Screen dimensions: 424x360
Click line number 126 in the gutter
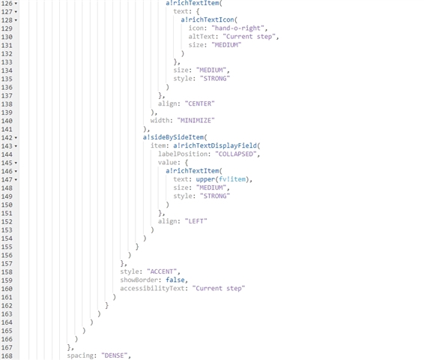point(7,4)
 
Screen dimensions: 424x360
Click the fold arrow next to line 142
point(16,138)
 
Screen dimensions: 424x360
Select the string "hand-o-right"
point(237,28)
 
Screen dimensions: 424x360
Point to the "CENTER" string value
point(200,103)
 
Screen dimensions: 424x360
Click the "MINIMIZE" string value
point(196,121)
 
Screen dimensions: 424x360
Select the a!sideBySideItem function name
point(173,137)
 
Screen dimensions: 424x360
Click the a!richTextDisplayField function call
point(215,145)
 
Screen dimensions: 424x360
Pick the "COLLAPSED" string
point(236,154)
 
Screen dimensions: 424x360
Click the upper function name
point(205,179)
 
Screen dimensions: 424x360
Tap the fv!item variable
point(232,179)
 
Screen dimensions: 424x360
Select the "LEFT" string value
point(196,221)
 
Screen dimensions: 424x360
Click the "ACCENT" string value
point(162,271)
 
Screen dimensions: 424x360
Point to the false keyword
point(175,280)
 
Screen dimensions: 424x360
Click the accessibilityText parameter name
point(152,288)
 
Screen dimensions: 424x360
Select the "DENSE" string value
point(115,355)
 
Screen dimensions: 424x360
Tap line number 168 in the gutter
point(7,356)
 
